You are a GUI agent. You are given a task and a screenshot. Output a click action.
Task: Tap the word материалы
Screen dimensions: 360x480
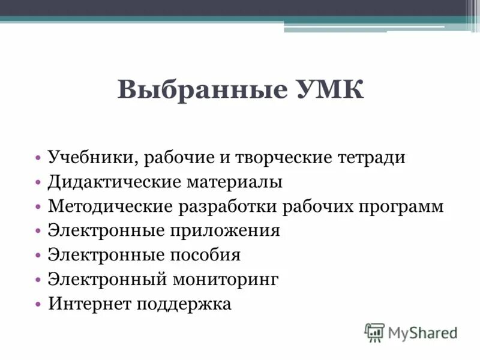pos(234,182)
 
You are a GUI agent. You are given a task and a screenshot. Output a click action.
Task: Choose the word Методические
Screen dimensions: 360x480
pos(110,206)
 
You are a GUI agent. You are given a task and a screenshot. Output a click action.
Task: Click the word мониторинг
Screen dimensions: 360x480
pos(227,280)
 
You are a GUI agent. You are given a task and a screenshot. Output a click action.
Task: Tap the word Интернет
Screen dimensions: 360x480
pos(91,304)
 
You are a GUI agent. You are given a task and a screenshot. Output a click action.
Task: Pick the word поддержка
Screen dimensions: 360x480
pos(185,304)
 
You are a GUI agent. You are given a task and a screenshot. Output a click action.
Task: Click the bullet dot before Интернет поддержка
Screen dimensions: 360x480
pos(38,304)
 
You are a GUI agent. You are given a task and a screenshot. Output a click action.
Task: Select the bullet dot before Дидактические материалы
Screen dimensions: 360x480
pos(38,182)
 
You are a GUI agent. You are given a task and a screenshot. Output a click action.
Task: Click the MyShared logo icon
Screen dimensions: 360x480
pos(374,332)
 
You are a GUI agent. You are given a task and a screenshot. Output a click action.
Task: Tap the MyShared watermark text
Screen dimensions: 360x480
pos(422,332)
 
